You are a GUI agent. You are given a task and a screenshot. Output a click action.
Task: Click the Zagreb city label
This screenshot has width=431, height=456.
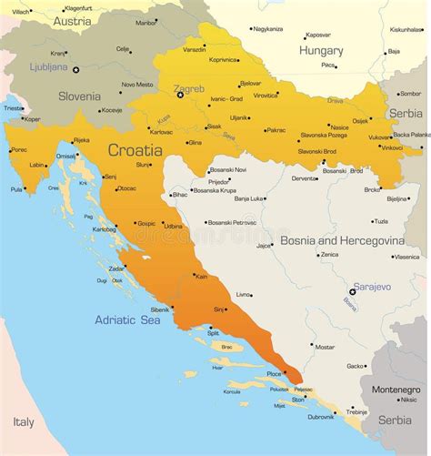click(x=188, y=88)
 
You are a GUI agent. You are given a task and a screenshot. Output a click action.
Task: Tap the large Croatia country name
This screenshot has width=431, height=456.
click(x=136, y=149)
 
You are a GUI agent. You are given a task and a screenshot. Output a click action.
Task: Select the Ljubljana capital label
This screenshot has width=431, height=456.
click(x=48, y=66)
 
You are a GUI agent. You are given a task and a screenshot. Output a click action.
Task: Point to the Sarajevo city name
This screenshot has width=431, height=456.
click(x=373, y=287)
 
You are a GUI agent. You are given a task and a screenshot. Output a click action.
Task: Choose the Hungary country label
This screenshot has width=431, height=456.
click(x=321, y=51)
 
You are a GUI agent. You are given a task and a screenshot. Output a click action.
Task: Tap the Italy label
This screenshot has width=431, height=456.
click(x=24, y=421)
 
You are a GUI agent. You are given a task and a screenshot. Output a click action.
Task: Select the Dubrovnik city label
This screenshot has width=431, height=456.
click(x=321, y=417)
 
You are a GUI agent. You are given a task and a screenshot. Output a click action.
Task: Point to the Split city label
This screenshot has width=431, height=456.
click(x=213, y=333)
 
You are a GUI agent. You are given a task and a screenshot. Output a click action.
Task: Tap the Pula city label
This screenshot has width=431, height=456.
click(x=16, y=189)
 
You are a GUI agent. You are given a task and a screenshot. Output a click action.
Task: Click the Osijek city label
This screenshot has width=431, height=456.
click(x=361, y=120)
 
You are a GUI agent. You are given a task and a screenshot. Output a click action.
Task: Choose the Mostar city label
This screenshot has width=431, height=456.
click(x=325, y=346)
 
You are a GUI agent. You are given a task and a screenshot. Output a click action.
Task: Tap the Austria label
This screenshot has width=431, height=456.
click(x=72, y=20)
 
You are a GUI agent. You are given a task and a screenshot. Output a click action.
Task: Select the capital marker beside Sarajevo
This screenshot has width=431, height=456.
click(x=353, y=292)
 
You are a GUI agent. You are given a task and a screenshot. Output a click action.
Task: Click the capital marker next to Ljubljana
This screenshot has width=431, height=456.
click(x=76, y=70)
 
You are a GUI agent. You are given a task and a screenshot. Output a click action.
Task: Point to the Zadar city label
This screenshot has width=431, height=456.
click(x=116, y=269)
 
